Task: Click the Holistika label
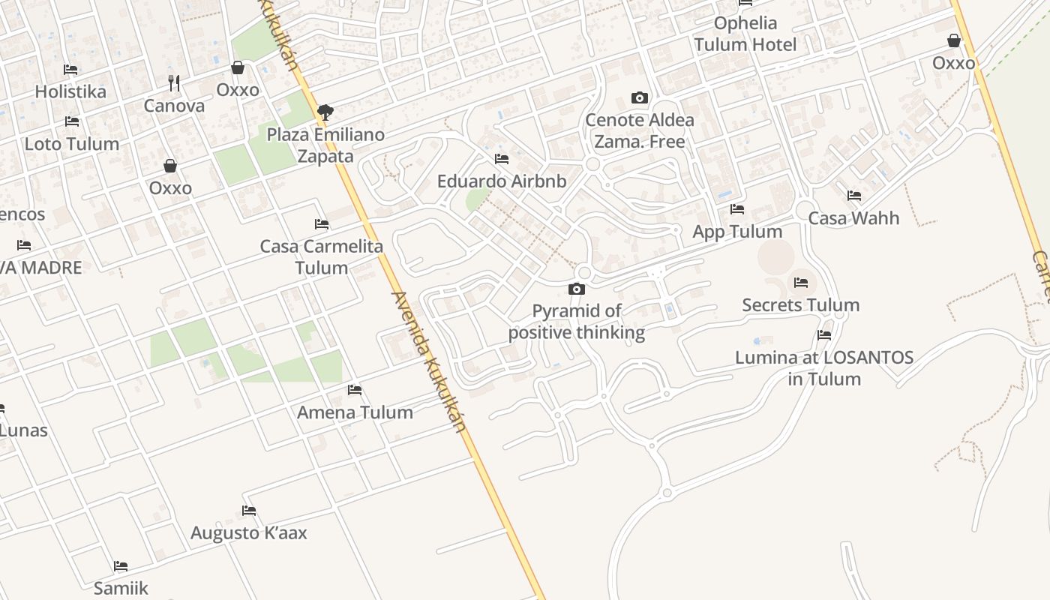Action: [x=70, y=91]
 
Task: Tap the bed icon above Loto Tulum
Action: [x=72, y=121]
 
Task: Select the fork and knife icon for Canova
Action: [x=174, y=82]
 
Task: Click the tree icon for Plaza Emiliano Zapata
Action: [x=325, y=112]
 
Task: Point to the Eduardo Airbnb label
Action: [x=502, y=181]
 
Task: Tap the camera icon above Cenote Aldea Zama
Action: [x=639, y=97]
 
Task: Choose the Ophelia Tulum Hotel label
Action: [x=745, y=34]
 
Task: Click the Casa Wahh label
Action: [x=853, y=218]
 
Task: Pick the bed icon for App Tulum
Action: [x=737, y=209]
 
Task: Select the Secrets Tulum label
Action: [x=800, y=305]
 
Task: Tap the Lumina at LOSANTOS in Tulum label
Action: [x=824, y=368]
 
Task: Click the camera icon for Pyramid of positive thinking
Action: [x=576, y=289]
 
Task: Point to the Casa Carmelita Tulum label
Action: [x=321, y=256]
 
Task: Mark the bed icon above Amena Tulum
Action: [x=355, y=390]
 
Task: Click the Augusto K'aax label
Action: [x=248, y=533]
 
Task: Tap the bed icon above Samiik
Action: [x=121, y=565]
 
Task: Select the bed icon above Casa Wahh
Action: [x=853, y=196]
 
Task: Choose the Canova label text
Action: [x=174, y=106]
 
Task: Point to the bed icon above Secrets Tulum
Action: [x=800, y=283]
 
